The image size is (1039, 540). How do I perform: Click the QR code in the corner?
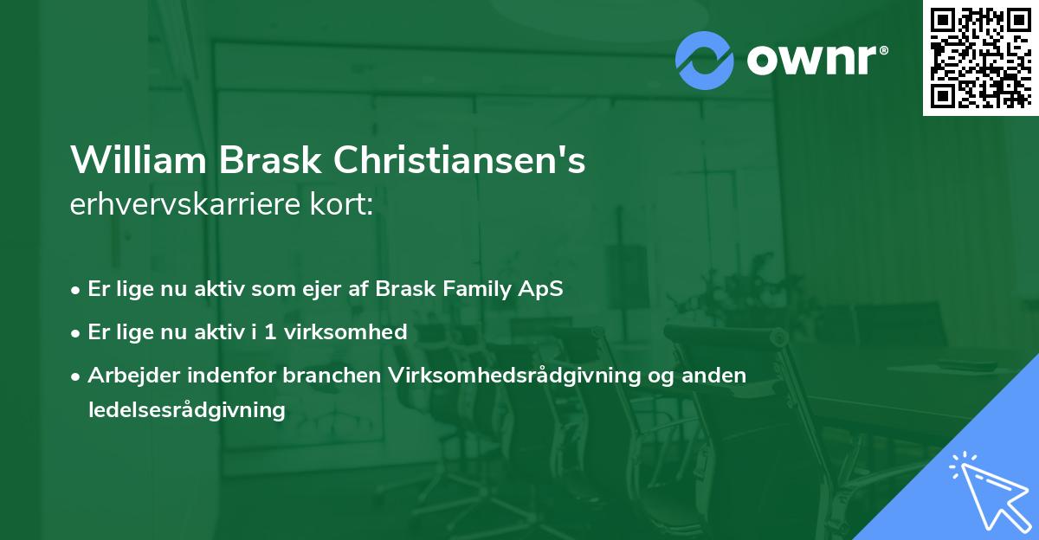[x=980, y=57]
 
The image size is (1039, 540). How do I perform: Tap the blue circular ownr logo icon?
[x=705, y=59]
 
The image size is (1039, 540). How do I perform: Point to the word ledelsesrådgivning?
[x=187, y=410]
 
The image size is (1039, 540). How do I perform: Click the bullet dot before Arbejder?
[x=77, y=376]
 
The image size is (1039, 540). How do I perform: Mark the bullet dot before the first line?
[x=77, y=290]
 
